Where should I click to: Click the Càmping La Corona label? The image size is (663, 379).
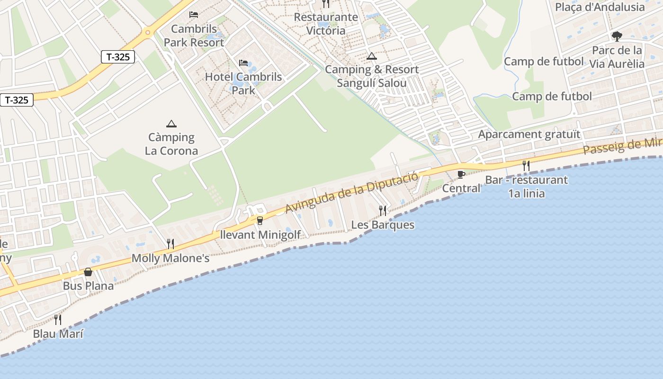click(171, 144)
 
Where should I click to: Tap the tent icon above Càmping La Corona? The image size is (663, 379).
click(171, 124)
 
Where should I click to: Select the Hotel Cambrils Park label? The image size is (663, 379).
click(243, 83)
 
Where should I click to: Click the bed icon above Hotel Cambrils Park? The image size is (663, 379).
click(243, 63)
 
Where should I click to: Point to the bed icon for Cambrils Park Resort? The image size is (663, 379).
click(194, 15)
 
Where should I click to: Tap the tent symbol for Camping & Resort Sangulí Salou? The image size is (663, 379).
click(372, 56)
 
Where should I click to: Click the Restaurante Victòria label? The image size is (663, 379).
click(326, 24)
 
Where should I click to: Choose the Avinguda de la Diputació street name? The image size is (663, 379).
click(352, 193)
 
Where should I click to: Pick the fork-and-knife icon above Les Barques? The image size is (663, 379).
click(383, 210)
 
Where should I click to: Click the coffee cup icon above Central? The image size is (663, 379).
click(461, 174)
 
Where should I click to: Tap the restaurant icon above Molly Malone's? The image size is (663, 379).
click(170, 244)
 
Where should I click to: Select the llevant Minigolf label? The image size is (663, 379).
click(260, 235)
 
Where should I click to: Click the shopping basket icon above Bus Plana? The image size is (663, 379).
click(88, 272)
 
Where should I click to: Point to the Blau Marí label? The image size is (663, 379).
click(58, 334)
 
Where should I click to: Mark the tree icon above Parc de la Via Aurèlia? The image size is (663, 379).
click(617, 36)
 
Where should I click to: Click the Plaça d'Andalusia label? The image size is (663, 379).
click(600, 7)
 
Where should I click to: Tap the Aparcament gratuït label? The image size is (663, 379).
click(529, 134)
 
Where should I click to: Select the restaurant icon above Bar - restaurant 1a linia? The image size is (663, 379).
click(526, 165)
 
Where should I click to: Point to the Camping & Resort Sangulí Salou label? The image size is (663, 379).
click(372, 76)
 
